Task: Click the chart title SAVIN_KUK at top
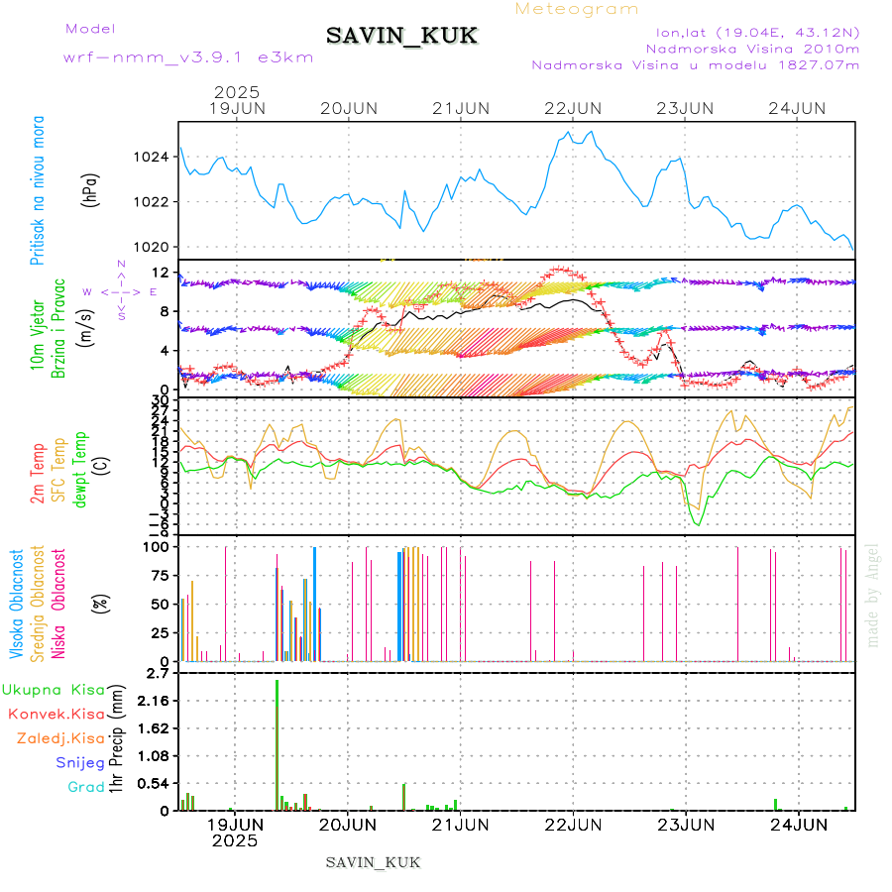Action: point(401,37)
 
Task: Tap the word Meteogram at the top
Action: point(578,9)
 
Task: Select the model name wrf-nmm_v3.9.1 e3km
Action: point(188,56)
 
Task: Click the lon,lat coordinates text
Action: point(750,32)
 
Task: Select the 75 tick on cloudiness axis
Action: point(157,575)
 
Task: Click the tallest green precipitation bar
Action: point(277,743)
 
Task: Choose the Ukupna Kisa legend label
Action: point(54,689)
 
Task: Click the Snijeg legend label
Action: point(80,762)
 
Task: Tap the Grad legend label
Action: point(86,787)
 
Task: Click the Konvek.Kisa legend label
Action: point(56,714)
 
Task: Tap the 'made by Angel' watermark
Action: point(873,595)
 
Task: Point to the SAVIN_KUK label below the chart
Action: point(374,862)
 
